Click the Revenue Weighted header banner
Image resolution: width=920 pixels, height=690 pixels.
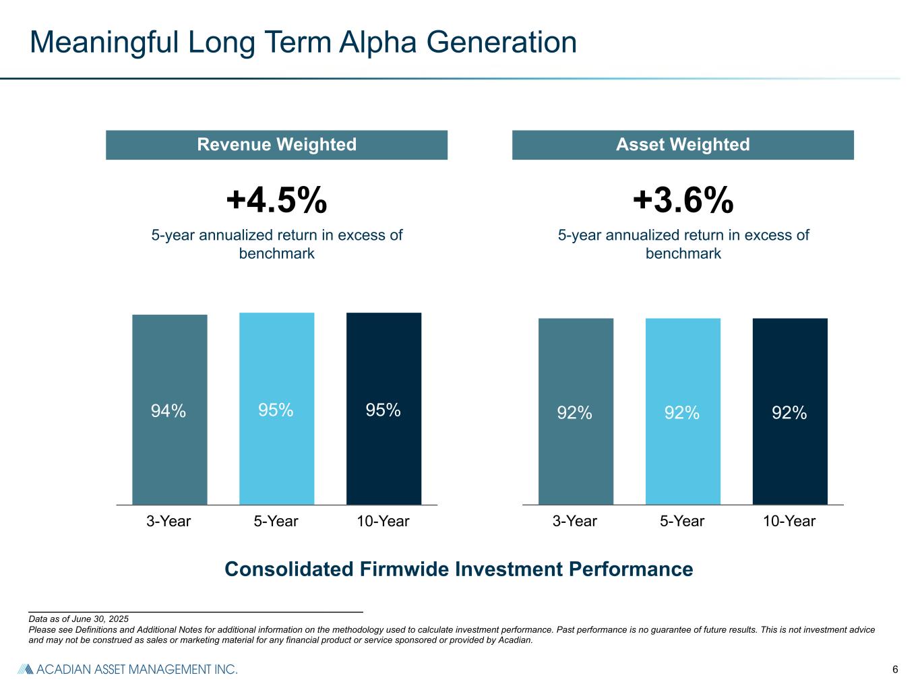click(276, 145)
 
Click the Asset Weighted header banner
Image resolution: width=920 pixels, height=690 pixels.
click(683, 145)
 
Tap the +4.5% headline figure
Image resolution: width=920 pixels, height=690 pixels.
click(276, 200)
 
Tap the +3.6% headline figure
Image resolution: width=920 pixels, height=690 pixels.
click(683, 200)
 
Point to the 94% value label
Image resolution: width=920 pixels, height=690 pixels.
click(168, 411)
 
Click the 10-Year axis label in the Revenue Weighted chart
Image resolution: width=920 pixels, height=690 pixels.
click(383, 522)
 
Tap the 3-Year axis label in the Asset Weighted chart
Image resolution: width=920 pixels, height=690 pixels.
click(575, 522)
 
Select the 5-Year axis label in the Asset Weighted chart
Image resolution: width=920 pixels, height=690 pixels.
click(682, 522)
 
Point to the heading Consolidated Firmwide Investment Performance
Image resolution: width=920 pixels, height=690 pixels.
click(458, 569)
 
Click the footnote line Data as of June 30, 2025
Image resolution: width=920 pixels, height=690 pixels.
click(78, 619)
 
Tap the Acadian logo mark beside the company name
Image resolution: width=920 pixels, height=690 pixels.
click(25, 669)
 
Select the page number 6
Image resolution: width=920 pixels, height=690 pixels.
click(895, 669)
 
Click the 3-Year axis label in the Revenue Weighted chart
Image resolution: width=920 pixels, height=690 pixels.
click(168, 522)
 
